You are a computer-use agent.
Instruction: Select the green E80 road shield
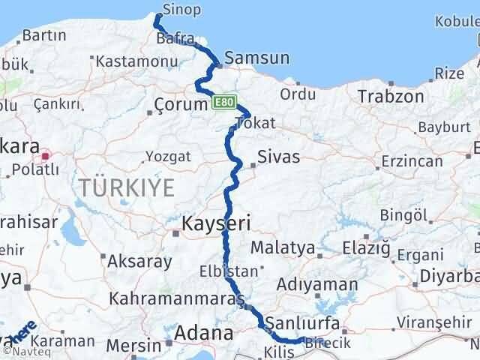click(225, 102)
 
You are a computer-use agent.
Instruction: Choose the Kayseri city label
click(217, 223)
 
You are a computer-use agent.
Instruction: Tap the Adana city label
click(205, 331)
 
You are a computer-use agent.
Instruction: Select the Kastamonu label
click(134, 61)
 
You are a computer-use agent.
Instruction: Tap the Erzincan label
click(409, 162)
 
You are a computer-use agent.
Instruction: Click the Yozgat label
click(169, 157)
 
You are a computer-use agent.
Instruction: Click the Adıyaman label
click(316, 285)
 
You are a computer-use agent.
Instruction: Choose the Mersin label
click(133, 346)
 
